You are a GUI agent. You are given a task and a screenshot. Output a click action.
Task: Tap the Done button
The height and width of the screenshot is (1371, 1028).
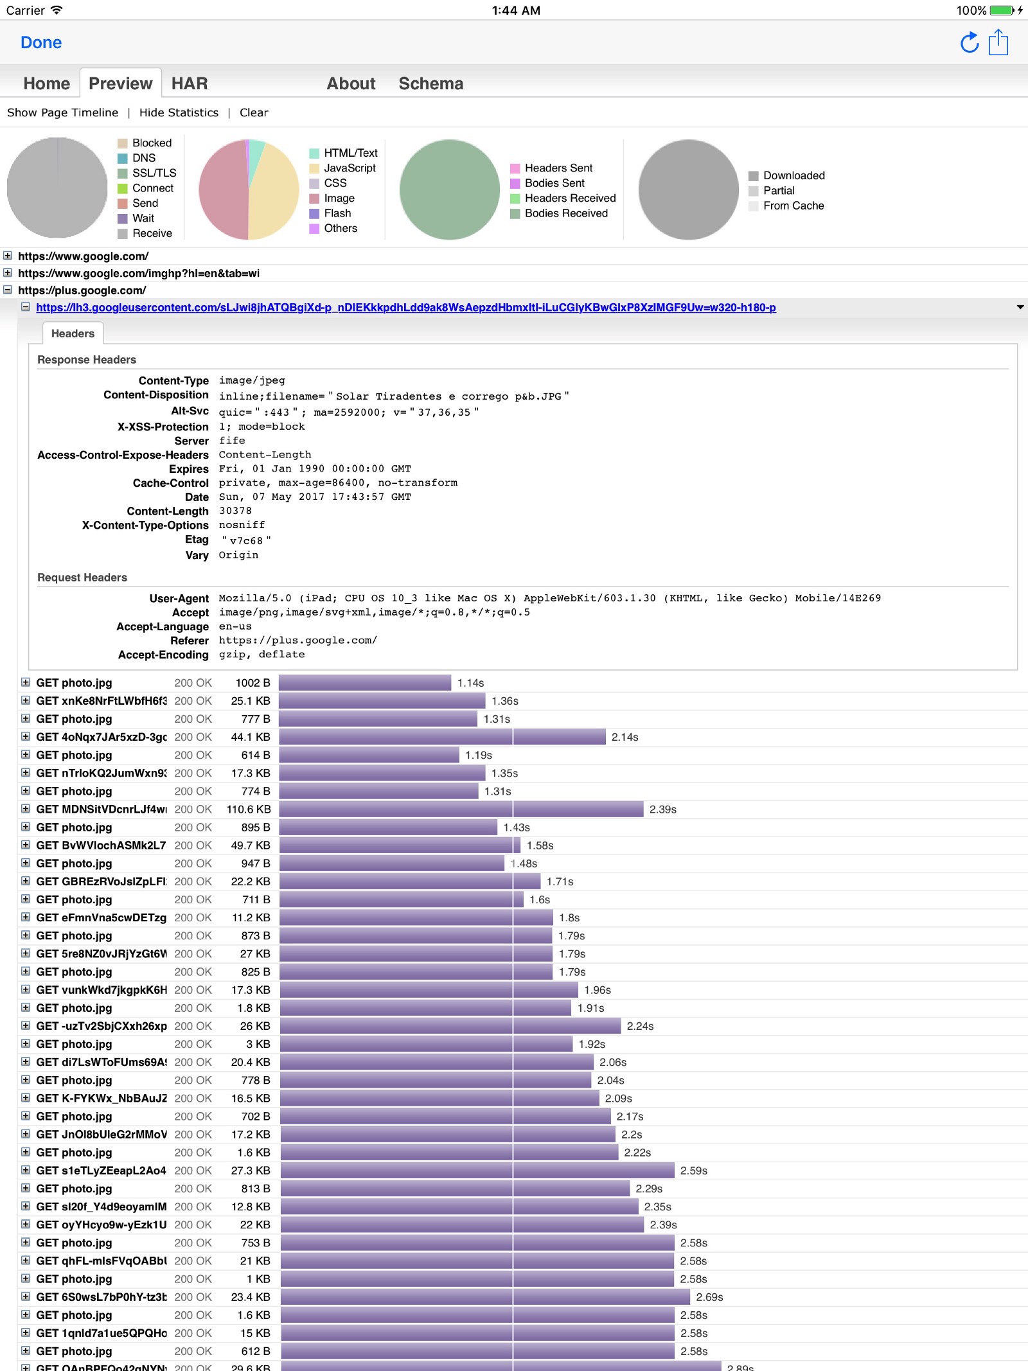pos(41,42)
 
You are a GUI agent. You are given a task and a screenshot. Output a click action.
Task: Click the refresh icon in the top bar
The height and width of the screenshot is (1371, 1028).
pos(969,43)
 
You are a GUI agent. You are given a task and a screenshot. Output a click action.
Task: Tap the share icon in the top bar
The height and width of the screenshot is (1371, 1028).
pos(998,42)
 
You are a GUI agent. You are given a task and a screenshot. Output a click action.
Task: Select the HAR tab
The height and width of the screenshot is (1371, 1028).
pos(190,84)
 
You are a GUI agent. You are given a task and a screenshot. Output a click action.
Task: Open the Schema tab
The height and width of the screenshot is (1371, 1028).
pos(430,84)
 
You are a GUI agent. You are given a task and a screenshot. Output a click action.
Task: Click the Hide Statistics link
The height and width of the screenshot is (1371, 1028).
pos(179,112)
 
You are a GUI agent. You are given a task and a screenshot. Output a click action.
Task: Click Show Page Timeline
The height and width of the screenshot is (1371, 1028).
pos(63,112)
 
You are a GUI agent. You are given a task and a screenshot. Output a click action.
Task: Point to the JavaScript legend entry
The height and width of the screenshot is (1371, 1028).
pos(350,168)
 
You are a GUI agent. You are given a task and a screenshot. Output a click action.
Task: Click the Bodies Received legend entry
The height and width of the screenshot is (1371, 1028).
pos(565,213)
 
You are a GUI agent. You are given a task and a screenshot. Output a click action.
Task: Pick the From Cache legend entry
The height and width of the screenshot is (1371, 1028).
pos(793,206)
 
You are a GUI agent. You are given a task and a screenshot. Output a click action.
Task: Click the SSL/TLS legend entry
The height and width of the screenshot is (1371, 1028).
pos(154,173)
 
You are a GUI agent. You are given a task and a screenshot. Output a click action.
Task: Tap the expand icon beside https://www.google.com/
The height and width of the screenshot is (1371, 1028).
pos(8,256)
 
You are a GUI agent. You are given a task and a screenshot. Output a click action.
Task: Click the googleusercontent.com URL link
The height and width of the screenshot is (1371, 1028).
pos(405,308)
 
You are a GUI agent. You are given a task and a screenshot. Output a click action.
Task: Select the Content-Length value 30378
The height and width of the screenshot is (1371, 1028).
pos(235,511)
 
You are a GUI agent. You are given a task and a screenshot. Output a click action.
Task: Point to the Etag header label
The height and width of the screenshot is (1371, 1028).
pos(197,540)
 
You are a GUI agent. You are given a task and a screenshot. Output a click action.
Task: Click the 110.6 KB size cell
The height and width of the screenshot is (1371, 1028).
pos(249,809)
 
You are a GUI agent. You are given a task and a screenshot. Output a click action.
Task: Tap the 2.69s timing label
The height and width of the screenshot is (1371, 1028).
pos(709,1297)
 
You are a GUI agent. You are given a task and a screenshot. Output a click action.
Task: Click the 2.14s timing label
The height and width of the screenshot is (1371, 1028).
pos(625,737)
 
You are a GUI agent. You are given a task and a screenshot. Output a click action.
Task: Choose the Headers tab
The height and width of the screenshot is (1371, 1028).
pos(73,333)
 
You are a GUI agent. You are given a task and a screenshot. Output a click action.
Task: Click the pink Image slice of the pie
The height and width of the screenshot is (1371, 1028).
pos(222,190)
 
